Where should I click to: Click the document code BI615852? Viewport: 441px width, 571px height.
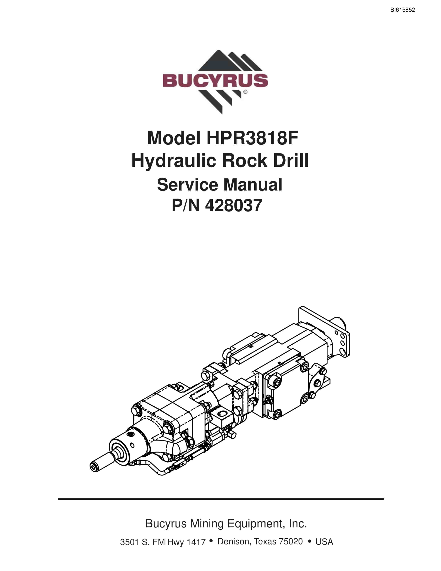pos(402,10)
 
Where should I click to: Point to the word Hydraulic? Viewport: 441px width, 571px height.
pos(174,161)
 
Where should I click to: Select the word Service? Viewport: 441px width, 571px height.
pos(187,185)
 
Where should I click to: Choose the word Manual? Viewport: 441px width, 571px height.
pos(253,185)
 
